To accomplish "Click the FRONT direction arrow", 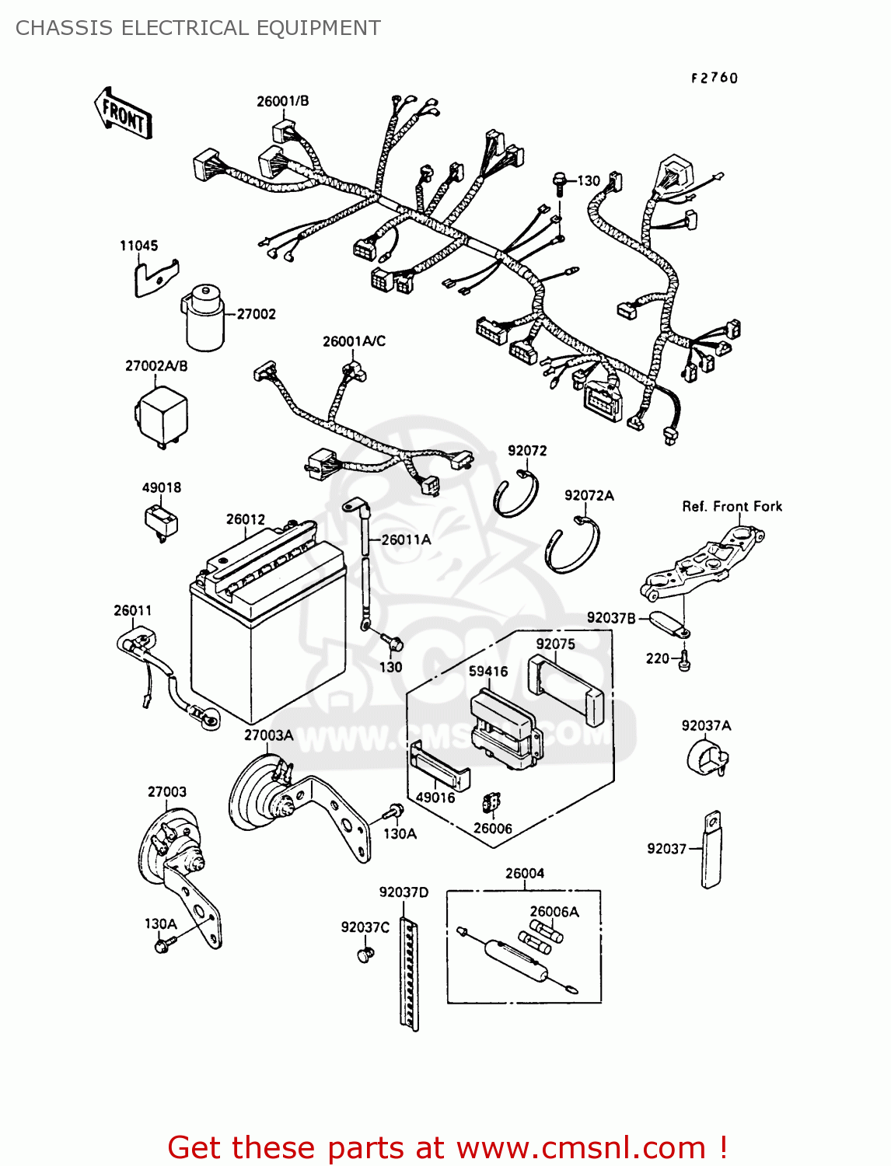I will [x=123, y=113].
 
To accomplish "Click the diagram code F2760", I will [x=714, y=78].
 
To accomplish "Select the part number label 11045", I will [x=138, y=246].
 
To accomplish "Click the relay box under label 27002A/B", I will [x=161, y=416].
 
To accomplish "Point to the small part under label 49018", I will [x=161, y=520].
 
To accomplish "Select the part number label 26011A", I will [x=406, y=539].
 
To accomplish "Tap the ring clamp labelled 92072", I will [x=515, y=494].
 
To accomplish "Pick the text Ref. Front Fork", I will [x=732, y=507].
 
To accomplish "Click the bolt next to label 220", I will [x=683, y=661].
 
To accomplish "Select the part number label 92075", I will [x=555, y=644].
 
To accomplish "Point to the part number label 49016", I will [x=435, y=798].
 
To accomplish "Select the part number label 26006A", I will [x=554, y=912].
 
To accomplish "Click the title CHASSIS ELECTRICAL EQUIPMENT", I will [x=198, y=28].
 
